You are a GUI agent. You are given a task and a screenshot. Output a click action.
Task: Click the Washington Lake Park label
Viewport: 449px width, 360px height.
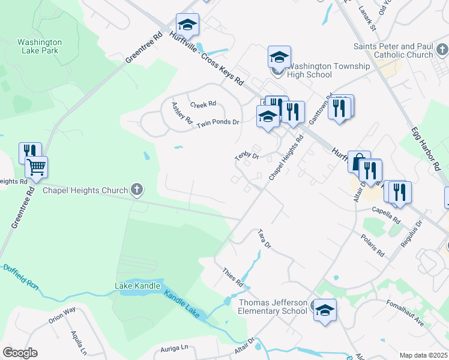pyautogui.click(x=40, y=47)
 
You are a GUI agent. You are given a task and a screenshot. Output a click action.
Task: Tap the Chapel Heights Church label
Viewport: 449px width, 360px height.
pyautogui.click(x=86, y=191)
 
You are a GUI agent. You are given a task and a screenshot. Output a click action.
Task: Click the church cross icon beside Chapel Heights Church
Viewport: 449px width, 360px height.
pyautogui.click(x=137, y=190)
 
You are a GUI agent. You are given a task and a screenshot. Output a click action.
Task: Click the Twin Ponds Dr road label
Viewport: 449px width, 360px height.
pyautogui.click(x=218, y=122)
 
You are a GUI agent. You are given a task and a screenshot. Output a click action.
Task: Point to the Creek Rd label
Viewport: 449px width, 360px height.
pyautogui.click(x=203, y=104)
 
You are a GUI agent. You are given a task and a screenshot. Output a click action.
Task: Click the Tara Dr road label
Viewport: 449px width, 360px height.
pyautogui.click(x=265, y=238)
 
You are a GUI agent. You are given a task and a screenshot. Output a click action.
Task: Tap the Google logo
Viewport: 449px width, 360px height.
pyautogui.click(x=20, y=353)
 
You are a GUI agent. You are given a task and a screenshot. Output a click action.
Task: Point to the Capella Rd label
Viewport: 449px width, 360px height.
pyautogui.click(x=386, y=214)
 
